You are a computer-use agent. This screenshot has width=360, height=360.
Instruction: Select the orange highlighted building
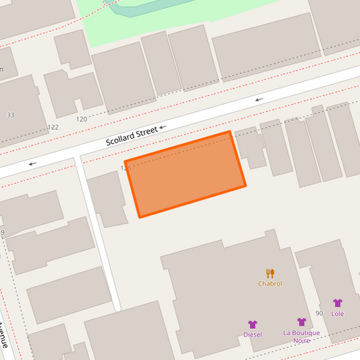[186, 174]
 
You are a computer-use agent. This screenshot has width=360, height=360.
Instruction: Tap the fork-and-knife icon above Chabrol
[270, 274]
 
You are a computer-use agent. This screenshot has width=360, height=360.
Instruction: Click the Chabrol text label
[270, 284]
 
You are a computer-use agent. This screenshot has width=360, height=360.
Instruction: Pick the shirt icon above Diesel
[253, 325]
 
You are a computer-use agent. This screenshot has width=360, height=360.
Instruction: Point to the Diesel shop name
[253, 334]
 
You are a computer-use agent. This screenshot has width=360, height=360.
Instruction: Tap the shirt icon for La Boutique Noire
[302, 322]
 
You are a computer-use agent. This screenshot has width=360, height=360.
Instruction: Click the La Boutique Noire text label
[302, 336]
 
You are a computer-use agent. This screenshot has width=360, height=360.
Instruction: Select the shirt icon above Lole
[338, 303]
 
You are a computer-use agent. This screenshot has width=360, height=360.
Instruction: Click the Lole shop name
[338, 313]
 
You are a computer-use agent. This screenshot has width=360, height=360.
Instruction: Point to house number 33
[10, 115]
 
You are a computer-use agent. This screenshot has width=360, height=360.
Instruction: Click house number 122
[53, 127]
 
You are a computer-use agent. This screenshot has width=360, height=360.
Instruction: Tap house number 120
[82, 119]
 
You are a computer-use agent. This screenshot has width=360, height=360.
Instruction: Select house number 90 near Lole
[319, 313]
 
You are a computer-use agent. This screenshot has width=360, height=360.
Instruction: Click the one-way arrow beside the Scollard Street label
[163, 127]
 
